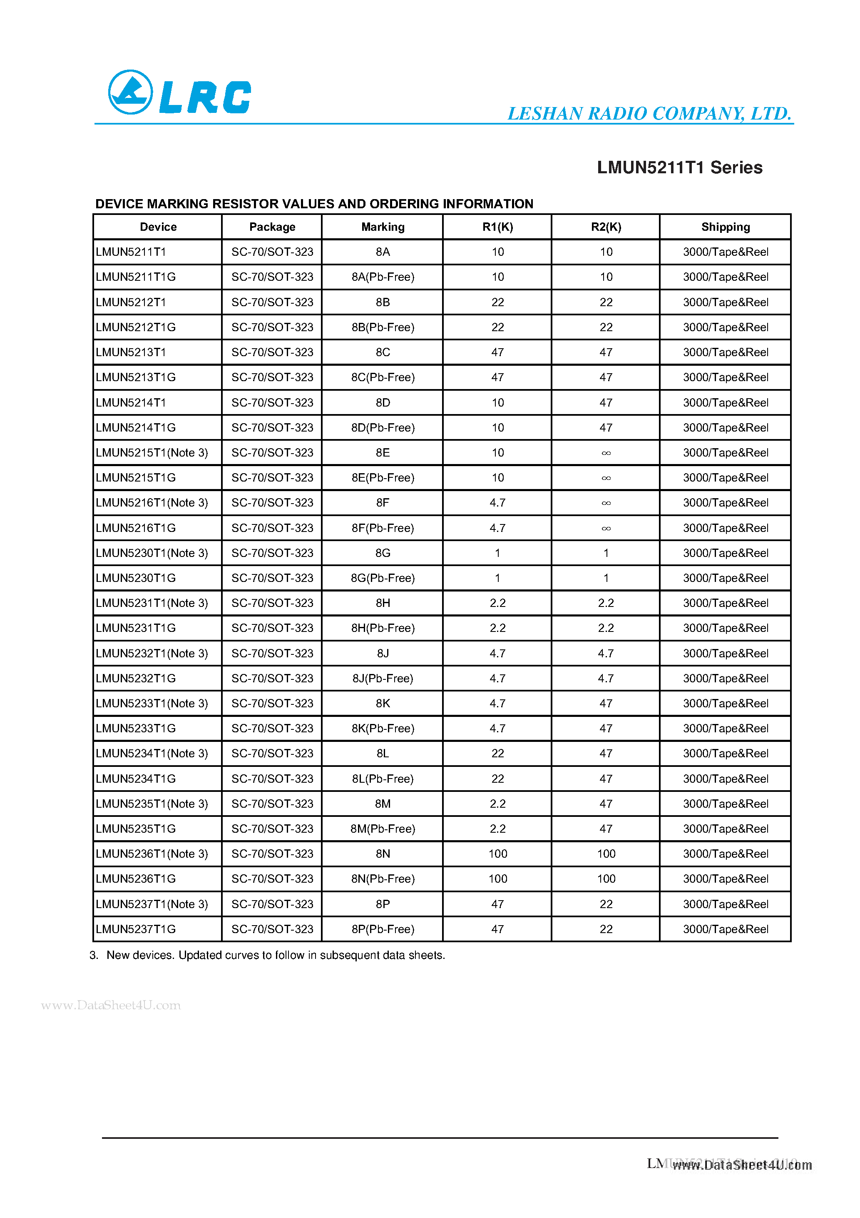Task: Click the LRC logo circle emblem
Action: [130, 92]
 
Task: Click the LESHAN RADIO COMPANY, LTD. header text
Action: [649, 114]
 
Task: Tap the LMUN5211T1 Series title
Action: [679, 167]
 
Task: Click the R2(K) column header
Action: [606, 227]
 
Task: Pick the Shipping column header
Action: [725, 227]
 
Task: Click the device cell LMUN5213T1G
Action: [136, 377]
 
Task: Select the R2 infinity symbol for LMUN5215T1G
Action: [606, 478]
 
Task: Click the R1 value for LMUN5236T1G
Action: [497, 879]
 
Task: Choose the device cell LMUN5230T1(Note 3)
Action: [152, 553]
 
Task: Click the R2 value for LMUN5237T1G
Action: [606, 929]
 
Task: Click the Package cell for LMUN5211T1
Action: [272, 252]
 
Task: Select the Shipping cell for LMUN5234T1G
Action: [725, 779]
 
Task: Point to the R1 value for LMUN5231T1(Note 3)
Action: [497, 603]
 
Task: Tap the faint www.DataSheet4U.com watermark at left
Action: [111, 1005]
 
